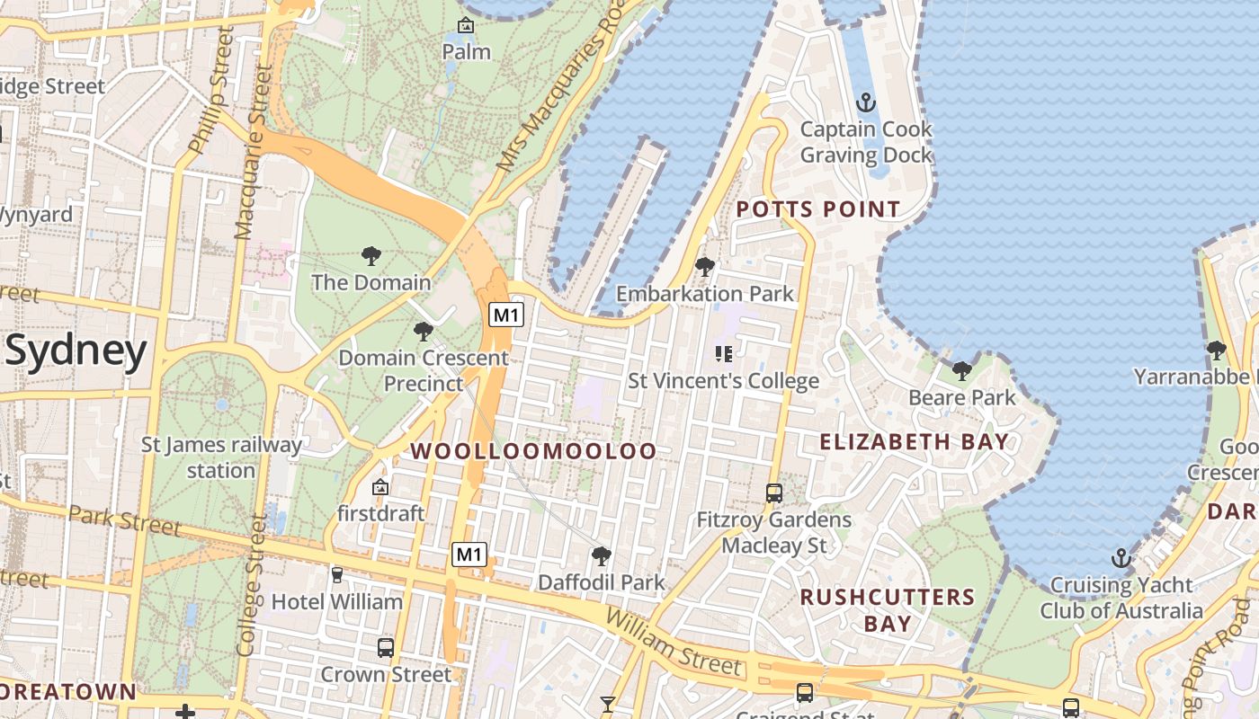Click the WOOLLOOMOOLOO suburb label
[534, 451]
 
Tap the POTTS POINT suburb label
[818, 209]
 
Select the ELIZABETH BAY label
[915, 441]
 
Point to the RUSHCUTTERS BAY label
[888, 609]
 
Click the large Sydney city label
[76, 351]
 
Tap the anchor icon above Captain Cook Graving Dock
[866, 102]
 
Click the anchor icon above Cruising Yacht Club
[1121, 558]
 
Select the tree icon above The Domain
[371, 256]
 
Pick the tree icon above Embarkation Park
[705, 267]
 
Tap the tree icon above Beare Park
[962, 370]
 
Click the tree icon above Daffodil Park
[601, 556]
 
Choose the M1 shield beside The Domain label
[506, 315]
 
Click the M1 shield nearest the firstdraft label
[469, 555]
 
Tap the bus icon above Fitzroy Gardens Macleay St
[773, 493]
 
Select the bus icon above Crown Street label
[386, 647]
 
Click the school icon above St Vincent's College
[723, 354]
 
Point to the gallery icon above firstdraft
[380, 487]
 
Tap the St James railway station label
[221, 457]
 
